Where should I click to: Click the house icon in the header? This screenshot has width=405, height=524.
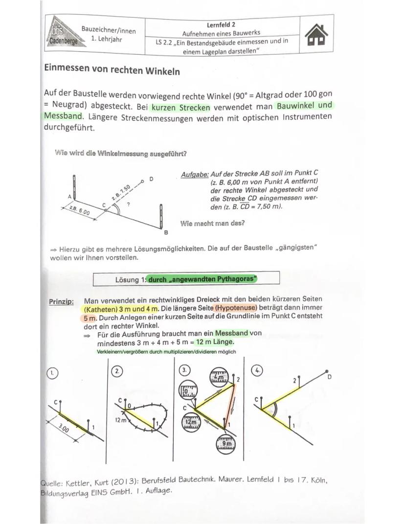(x=315, y=36)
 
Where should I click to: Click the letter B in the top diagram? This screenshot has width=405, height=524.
(x=165, y=232)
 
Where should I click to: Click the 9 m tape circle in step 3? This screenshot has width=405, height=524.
(x=223, y=443)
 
